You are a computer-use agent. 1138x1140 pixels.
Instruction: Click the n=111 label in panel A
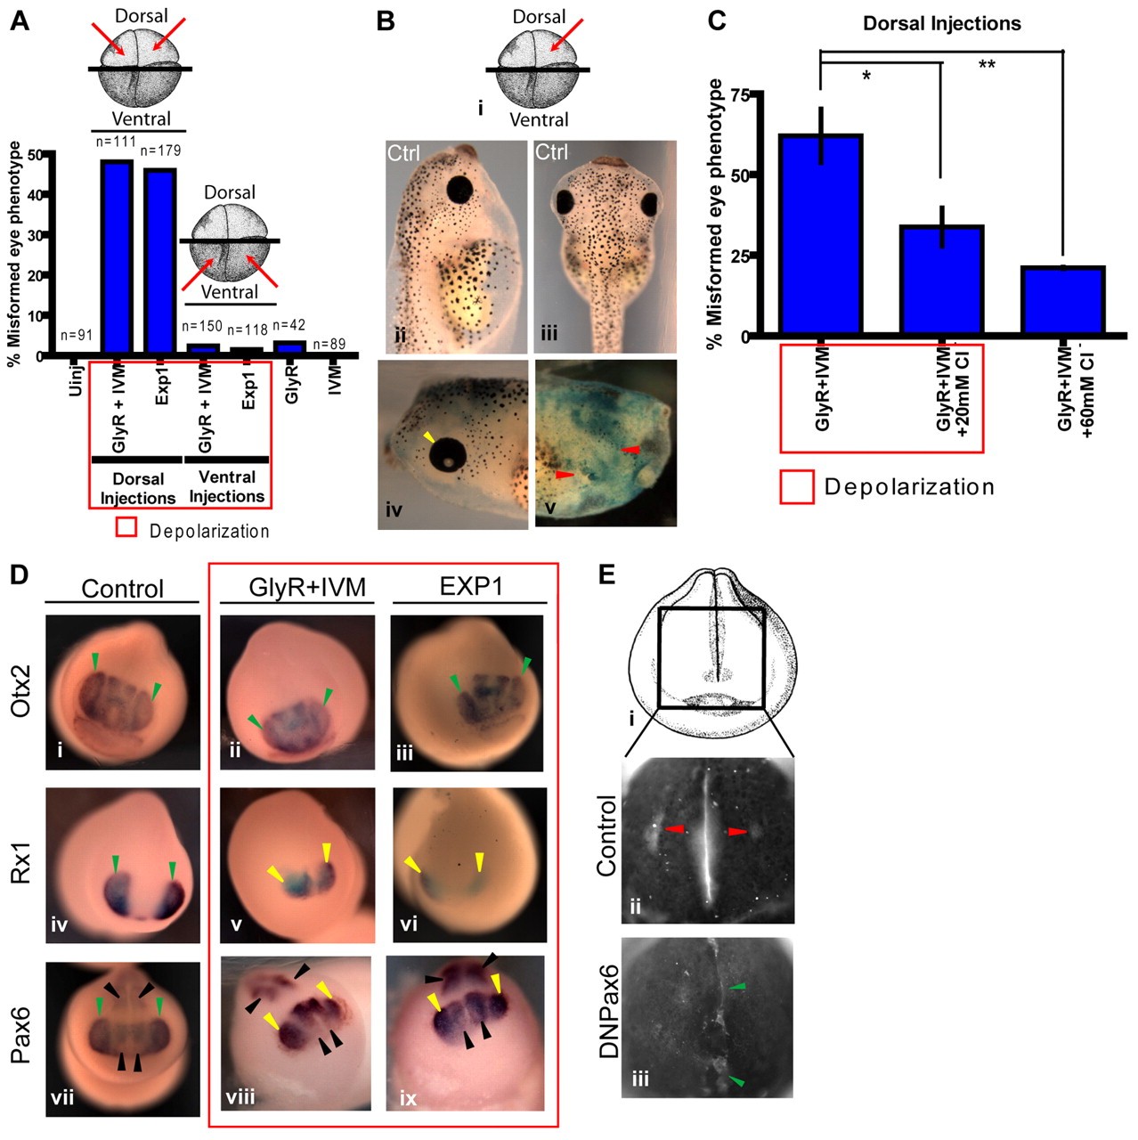113,142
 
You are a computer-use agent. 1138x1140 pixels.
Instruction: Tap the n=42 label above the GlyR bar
289,326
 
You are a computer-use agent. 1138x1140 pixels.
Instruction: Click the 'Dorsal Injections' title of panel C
942,24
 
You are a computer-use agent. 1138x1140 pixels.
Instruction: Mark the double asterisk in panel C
987,66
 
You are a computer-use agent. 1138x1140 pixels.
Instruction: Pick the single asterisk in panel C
866,77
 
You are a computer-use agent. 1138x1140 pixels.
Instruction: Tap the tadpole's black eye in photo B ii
460,189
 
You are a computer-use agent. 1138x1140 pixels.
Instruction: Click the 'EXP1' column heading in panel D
471,588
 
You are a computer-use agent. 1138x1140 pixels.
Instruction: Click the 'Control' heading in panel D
122,589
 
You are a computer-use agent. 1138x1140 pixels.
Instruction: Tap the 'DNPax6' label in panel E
608,1016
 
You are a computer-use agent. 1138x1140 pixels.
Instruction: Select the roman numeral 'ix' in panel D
408,1098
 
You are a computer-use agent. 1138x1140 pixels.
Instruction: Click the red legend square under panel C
797,487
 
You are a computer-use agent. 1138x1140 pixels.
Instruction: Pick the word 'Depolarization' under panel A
209,532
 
